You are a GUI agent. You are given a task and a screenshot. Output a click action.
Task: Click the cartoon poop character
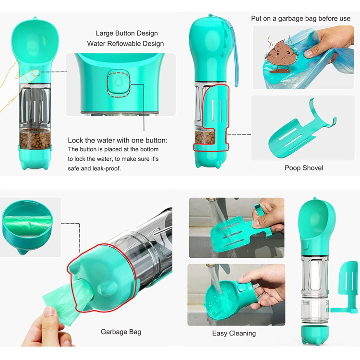pos(281,56)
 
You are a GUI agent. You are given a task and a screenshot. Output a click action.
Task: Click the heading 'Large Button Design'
pos(127,33)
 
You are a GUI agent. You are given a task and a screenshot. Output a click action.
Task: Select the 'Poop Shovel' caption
pos(304,168)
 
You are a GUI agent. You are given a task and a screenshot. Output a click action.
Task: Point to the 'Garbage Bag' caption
pos(121,332)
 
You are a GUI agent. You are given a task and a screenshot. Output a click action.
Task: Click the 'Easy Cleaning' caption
pos(234,333)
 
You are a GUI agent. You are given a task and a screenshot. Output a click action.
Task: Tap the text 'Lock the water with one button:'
pos(118,140)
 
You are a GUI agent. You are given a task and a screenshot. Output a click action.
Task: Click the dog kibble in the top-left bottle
pos(35,138)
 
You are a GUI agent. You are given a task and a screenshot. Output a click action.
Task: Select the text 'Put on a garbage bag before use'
pos(300,18)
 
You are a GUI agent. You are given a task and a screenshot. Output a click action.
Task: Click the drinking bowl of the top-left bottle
pos(35,41)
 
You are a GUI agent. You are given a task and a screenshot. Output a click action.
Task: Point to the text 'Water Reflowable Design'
pos(125,44)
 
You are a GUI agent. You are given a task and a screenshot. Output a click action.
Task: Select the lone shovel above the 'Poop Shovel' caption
pos(302,129)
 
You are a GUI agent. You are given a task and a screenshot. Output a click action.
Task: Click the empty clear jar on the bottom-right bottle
pos(314,311)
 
